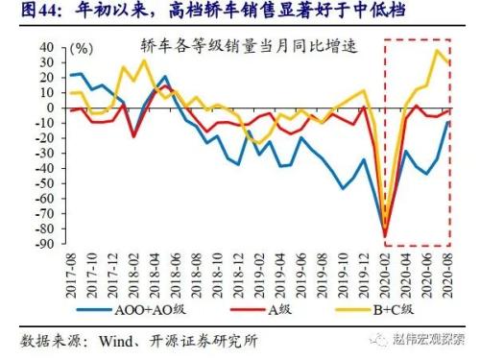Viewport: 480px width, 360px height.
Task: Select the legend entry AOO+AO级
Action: [x=127, y=309]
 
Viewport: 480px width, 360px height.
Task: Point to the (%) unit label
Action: [x=83, y=48]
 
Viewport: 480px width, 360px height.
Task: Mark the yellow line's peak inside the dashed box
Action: [x=438, y=50]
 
